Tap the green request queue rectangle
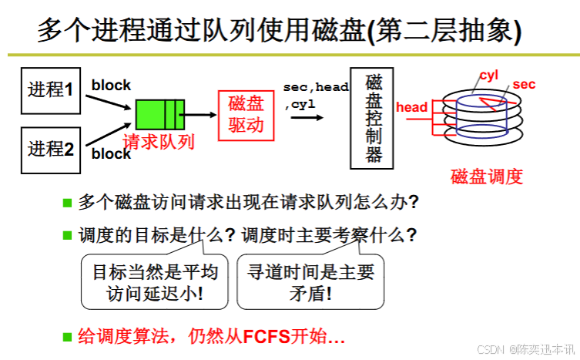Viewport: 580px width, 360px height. pyautogui.click(x=160, y=115)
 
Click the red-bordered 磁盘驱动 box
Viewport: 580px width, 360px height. pyautogui.click(x=246, y=114)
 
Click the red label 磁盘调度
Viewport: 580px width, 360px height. pyautogui.click(x=487, y=176)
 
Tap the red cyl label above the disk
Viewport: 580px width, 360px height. pyautogui.click(x=489, y=75)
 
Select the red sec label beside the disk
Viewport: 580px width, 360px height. pyautogui.click(x=524, y=84)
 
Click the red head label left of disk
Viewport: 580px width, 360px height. pyautogui.click(x=411, y=107)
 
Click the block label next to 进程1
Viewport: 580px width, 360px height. pyautogui.click(x=111, y=86)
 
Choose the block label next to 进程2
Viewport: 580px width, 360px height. pyautogui.click(x=111, y=153)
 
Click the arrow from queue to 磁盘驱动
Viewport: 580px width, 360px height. pyautogui.click(x=202, y=116)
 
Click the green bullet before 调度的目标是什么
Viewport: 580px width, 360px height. pyautogui.click(x=67, y=234)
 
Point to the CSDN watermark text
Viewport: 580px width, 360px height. pyautogui.click(x=527, y=349)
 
